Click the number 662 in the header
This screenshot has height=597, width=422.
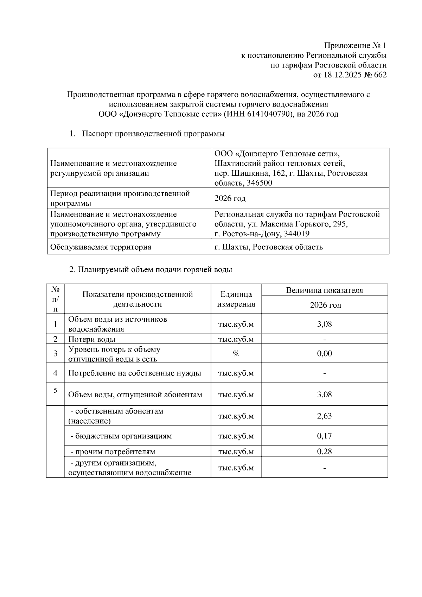coord(379,75)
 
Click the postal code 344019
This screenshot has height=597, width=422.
coord(297,234)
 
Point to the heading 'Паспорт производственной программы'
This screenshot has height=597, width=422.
coord(153,134)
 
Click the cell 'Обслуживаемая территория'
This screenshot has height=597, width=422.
coord(101,247)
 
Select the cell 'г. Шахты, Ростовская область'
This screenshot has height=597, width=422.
coord(268,247)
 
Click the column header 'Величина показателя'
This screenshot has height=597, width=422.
coord(324,290)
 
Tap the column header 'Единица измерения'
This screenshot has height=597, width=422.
coord(236,299)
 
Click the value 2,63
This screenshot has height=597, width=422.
coord(324,416)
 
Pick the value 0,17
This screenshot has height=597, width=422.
coord(324,436)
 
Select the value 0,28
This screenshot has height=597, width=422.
coord(324,451)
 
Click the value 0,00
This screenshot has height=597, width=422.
coord(324,354)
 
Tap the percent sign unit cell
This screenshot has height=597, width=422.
coord(236,354)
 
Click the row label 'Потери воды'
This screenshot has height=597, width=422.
coord(92,339)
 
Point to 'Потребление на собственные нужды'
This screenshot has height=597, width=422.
coord(135,373)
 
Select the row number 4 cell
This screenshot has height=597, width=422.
coord(56,373)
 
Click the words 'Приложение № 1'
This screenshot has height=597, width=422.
coord(355,46)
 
